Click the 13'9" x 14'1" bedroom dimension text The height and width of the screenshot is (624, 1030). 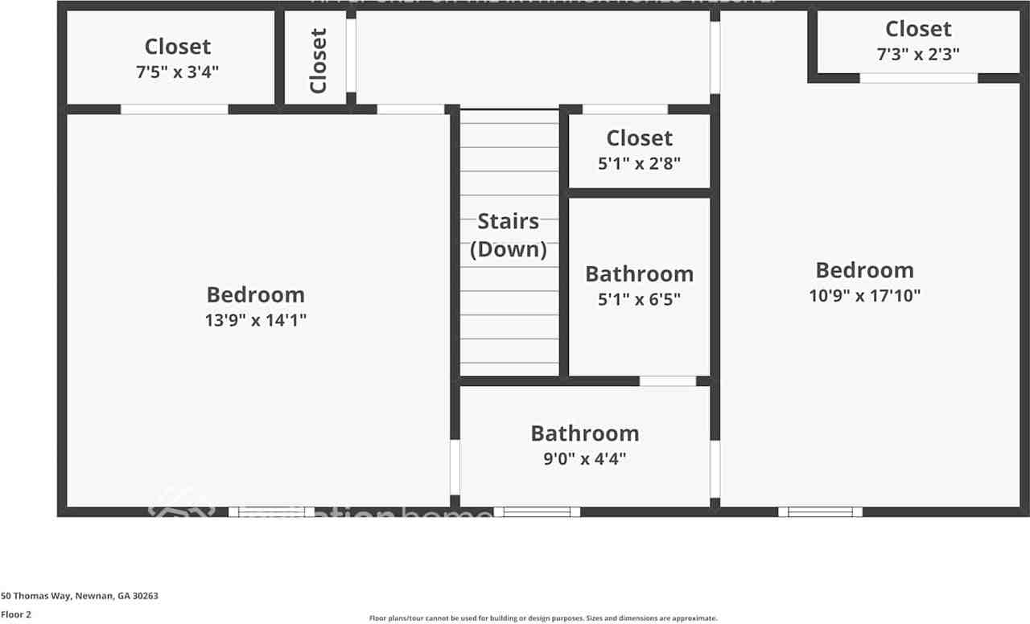255,320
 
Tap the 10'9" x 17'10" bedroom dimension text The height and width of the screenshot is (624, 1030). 864,295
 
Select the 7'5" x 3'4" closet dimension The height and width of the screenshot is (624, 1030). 177,72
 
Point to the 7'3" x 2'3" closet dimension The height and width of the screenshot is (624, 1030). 917,54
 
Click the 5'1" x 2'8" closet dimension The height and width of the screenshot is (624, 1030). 639,163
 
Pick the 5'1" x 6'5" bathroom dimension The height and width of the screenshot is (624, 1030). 639,299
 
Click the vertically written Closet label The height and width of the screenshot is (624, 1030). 319,61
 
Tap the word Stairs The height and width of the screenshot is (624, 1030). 508,221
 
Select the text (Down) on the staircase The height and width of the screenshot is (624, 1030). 508,249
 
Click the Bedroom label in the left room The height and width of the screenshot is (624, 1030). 255,294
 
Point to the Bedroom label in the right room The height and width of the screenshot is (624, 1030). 864,269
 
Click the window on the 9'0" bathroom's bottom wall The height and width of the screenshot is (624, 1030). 537,511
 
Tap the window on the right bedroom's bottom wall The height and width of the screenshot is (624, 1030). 820,511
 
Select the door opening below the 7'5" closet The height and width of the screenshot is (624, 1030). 175,109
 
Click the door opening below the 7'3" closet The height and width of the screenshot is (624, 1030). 918,78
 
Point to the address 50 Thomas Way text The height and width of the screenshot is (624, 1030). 80,596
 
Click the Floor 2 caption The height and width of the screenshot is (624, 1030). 16,614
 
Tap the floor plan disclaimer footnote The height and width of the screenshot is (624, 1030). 542,618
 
